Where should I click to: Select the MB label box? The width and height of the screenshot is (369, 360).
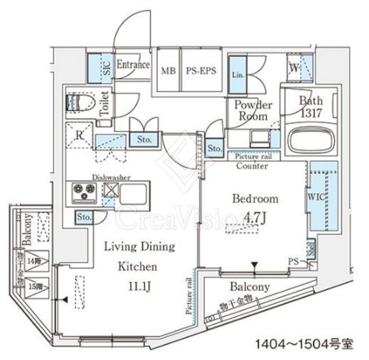pos(168,70)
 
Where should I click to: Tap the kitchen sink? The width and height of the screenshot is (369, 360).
pos(136,192)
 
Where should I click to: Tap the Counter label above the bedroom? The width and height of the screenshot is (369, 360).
pos(253,166)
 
